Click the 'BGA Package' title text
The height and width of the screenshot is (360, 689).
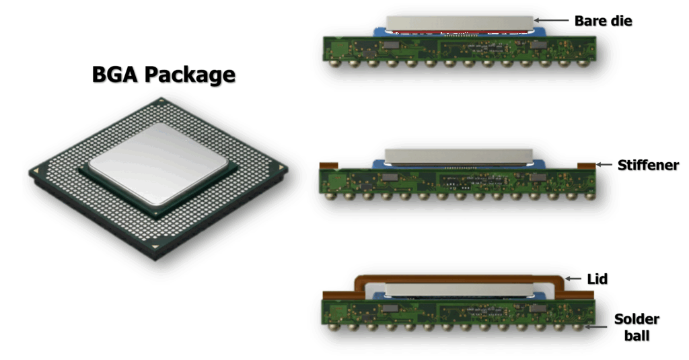point(164,75)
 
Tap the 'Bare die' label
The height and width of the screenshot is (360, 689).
point(603,21)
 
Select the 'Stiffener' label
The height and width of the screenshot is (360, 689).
point(648,166)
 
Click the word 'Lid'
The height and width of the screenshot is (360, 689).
point(597,279)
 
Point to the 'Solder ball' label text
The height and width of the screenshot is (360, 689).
point(637,327)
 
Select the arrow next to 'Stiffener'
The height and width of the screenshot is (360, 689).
point(604,164)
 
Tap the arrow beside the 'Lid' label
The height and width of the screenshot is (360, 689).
point(573,278)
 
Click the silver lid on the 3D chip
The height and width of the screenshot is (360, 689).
point(158,164)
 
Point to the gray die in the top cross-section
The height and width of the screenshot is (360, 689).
point(460,24)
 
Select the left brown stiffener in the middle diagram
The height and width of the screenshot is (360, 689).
point(328,166)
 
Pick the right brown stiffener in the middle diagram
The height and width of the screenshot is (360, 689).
point(586,166)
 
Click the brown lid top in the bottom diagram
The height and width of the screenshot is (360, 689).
point(459,279)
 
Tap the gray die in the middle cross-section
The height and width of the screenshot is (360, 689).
point(459,156)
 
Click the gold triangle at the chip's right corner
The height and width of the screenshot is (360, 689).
point(281,168)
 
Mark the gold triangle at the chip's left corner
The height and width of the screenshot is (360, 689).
point(36,170)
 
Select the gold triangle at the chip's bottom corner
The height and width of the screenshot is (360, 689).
point(155,246)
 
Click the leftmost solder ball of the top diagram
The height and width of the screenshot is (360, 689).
point(336,63)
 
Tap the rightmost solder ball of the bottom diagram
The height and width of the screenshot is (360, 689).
point(579,326)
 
